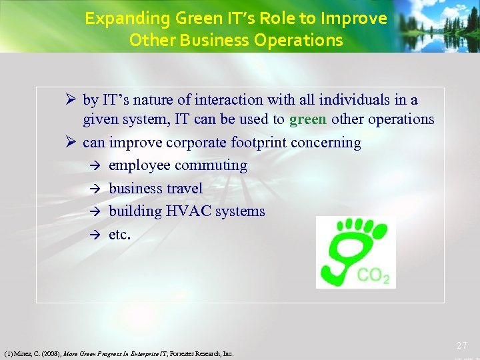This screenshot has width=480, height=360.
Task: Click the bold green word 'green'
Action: pos(308,119)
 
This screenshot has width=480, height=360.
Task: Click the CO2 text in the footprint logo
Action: pos(373,275)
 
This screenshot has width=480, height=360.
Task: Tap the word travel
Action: pos(187,189)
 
